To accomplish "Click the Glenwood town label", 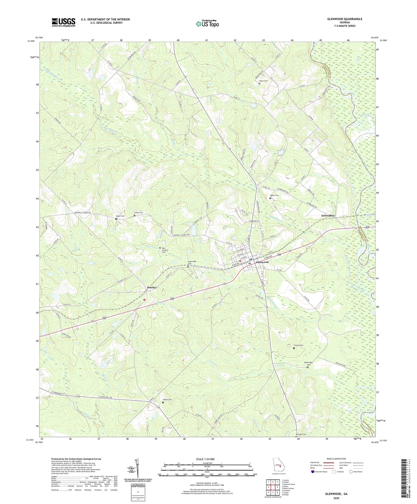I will tap(262, 262).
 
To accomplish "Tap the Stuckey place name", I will tap(152, 288).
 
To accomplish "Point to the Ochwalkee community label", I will tap(328, 216).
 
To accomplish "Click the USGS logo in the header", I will tap(63, 22).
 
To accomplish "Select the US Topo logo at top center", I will tap(207, 23).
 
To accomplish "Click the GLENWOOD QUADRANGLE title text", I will tap(345, 19).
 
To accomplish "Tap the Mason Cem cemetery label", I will tap(120, 216).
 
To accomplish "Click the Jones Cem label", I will tap(139, 213).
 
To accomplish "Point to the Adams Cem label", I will tap(167, 400).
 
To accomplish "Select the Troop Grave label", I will tap(298, 346).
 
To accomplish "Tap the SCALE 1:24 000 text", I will tap(205, 459).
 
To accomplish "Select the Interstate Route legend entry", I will tap(320, 472).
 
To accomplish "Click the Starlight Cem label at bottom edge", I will tap(301, 434).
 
